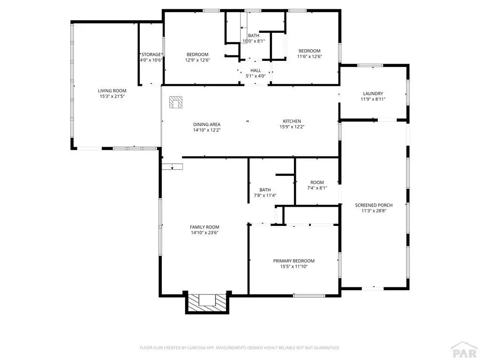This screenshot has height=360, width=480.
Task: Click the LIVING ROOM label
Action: (112, 90)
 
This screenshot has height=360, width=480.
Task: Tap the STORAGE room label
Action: (151, 54)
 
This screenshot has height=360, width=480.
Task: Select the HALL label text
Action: (255, 70)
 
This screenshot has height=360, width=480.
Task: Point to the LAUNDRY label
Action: (373, 93)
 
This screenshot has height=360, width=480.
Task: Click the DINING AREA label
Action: (207, 124)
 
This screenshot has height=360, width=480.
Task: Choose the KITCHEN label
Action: (292, 121)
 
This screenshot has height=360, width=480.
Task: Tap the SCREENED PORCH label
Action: (374, 205)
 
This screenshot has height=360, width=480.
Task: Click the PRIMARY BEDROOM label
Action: (294, 261)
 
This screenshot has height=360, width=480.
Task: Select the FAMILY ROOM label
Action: (204, 227)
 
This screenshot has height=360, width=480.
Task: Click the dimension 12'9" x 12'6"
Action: (197, 60)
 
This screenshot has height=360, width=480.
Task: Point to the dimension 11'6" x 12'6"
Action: (309, 56)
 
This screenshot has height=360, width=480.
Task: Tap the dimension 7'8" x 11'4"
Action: (265, 195)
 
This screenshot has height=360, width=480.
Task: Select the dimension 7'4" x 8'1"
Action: (317, 188)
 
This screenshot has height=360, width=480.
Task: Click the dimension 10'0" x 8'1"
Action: (254, 41)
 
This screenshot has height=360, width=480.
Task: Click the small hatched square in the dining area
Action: (176, 102)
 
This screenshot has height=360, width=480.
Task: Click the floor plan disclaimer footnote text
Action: (240, 348)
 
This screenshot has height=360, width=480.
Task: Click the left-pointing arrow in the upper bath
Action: (244, 28)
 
